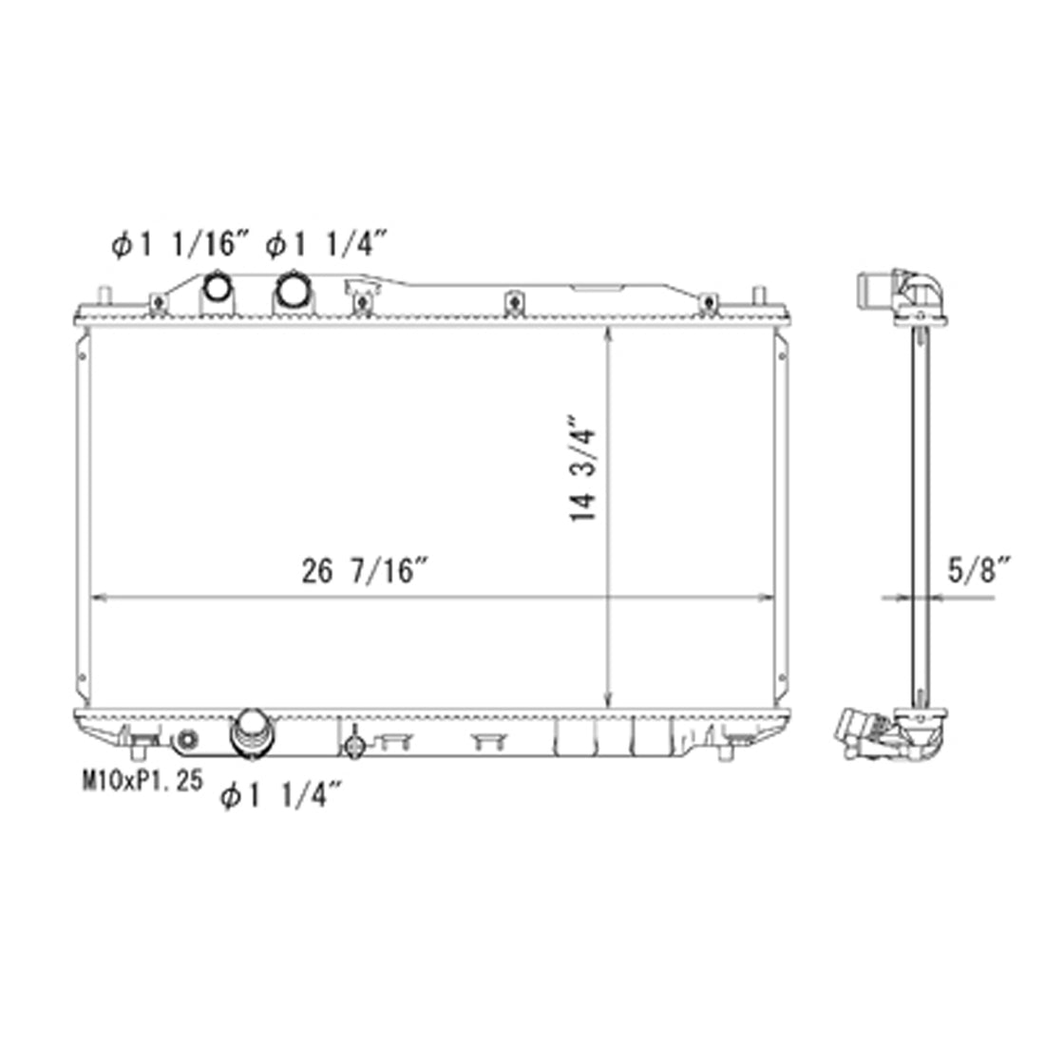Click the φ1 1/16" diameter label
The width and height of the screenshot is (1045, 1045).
click(x=180, y=244)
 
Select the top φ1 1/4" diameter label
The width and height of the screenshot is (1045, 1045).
click(x=327, y=244)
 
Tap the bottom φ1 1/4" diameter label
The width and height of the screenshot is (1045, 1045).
click(x=281, y=795)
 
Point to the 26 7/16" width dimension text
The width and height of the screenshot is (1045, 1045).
click(x=364, y=571)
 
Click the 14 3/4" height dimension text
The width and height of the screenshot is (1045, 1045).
click(x=582, y=469)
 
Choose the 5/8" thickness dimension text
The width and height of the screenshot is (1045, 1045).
click(x=979, y=570)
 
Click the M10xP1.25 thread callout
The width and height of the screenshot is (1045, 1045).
click(x=142, y=780)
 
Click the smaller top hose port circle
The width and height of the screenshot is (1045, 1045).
click(x=218, y=288)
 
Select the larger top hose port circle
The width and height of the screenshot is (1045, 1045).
click(x=294, y=289)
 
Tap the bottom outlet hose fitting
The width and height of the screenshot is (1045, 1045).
click(x=251, y=733)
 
